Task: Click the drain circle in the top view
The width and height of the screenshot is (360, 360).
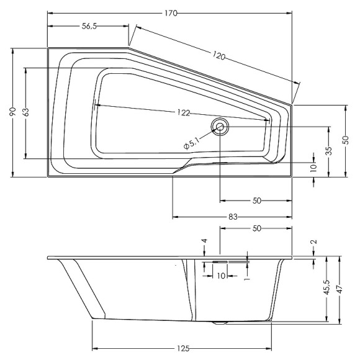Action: (x=220, y=127)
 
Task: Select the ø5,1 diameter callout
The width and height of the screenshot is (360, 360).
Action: (x=192, y=143)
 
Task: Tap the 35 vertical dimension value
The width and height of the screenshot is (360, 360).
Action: (x=328, y=151)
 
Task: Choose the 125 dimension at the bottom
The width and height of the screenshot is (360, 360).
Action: (x=182, y=348)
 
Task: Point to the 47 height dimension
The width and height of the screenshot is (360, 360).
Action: (x=340, y=289)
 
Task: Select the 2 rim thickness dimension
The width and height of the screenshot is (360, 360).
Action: (x=314, y=243)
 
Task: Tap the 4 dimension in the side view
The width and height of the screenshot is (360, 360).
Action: (x=204, y=240)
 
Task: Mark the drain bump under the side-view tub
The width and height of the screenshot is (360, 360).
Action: (x=219, y=323)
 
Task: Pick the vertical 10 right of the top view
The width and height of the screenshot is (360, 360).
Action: (x=314, y=167)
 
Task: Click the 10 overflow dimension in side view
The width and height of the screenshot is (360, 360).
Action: (x=221, y=275)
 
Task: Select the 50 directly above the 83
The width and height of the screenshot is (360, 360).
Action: (x=256, y=200)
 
